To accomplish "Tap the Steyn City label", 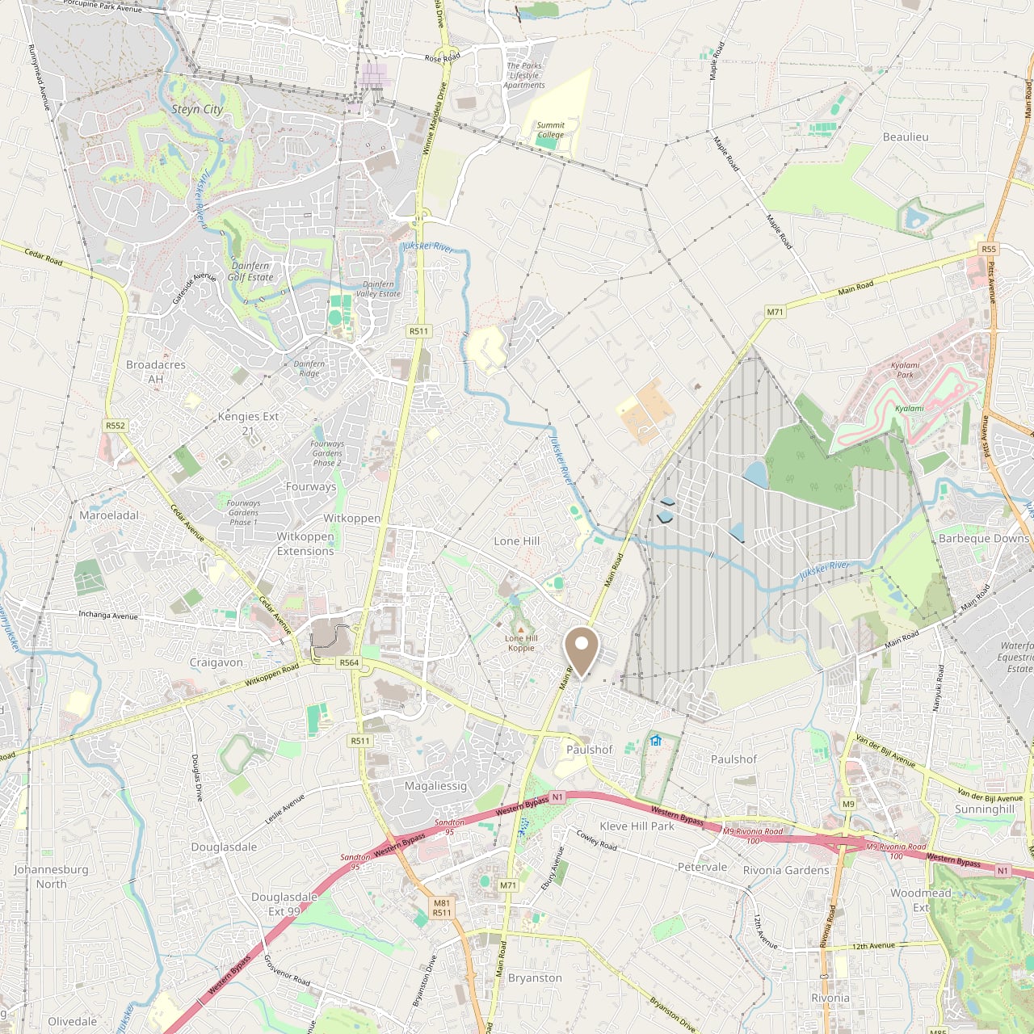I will [x=197, y=109].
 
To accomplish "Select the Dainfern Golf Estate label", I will [x=250, y=271].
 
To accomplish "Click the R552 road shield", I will [x=116, y=426].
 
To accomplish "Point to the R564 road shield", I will [x=349, y=662].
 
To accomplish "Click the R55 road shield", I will [x=989, y=249].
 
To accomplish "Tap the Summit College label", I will [x=550, y=130].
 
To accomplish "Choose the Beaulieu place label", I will [x=906, y=137].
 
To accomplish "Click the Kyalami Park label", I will [x=905, y=370].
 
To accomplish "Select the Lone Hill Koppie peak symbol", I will [x=521, y=628].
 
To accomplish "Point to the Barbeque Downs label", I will [x=984, y=539].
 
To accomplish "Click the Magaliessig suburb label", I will [x=435, y=786].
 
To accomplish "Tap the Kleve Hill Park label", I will [x=637, y=826].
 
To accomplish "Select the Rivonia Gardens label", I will [x=786, y=871].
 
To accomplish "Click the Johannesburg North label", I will [x=51, y=876].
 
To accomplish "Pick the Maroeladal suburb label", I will [x=109, y=515].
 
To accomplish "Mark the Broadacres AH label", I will [x=156, y=372].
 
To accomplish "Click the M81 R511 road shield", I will [x=442, y=908].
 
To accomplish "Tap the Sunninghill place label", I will [x=984, y=809].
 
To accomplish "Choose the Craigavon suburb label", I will [x=216, y=662].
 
